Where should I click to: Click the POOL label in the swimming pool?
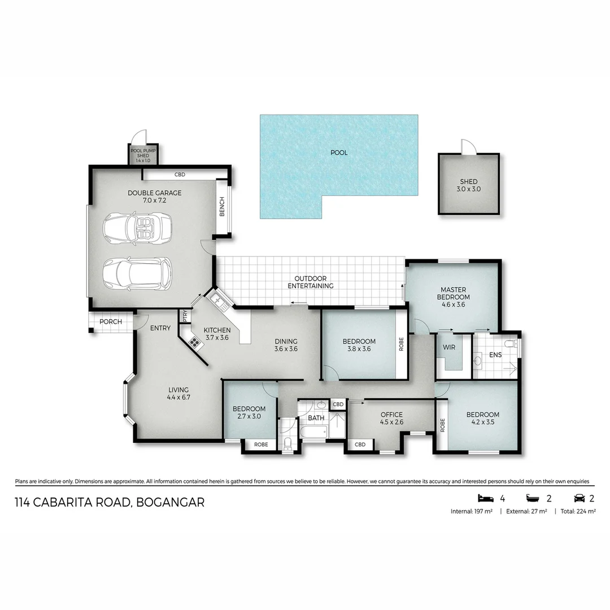[x=339, y=152]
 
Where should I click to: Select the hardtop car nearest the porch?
[x=137, y=274]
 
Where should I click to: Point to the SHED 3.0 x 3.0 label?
[x=469, y=185]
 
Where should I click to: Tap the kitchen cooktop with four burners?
[x=195, y=342]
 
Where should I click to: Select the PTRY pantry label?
[x=184, y=316]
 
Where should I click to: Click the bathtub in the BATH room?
[x=313, y=433]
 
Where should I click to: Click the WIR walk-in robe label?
[x=450, y=347]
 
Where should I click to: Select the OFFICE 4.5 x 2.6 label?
[x=391, y=418]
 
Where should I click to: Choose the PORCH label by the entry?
[x=110, y=322]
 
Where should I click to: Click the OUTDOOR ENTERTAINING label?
[x=310, y=282]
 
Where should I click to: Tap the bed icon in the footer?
[x=485, y=498]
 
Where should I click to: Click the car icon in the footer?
[x=579, y=498]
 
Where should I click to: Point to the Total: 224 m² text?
[x=578, y=511]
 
